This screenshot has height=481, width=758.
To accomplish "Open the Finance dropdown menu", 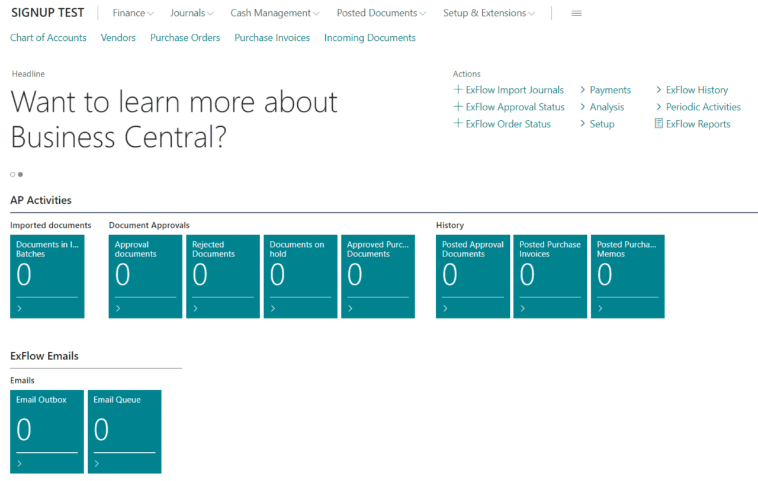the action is [133, 13].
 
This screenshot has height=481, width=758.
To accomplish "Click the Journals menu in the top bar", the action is [191, 13].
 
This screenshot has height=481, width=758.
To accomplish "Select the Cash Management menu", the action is [275, 13].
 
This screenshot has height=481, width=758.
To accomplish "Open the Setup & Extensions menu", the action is [489, 13].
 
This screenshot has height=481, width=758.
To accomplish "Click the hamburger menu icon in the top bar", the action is [576, 13].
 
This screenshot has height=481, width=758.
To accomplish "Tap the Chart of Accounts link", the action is [48, 37].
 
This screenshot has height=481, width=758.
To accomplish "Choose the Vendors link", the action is [118, 37].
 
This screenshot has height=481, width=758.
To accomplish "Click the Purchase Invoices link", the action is [272, 37].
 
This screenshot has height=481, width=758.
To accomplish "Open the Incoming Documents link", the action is [370, 37].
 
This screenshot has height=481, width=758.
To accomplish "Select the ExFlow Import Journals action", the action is [509, 89].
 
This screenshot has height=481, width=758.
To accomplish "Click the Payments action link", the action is [605, 89].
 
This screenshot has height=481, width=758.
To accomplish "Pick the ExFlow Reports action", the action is [693, 124].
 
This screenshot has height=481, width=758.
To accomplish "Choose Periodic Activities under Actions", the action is [698, 107].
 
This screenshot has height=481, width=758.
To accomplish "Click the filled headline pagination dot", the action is [20, 174].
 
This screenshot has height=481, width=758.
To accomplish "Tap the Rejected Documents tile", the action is [223, 276].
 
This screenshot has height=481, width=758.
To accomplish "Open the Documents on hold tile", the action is [300, 276].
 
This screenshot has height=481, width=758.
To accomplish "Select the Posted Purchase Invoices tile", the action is [550, 276].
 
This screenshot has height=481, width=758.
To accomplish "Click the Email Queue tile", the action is [124, 432].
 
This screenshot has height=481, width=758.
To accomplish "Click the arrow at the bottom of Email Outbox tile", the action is [20, 463].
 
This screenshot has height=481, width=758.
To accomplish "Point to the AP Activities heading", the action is [41, 200].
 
